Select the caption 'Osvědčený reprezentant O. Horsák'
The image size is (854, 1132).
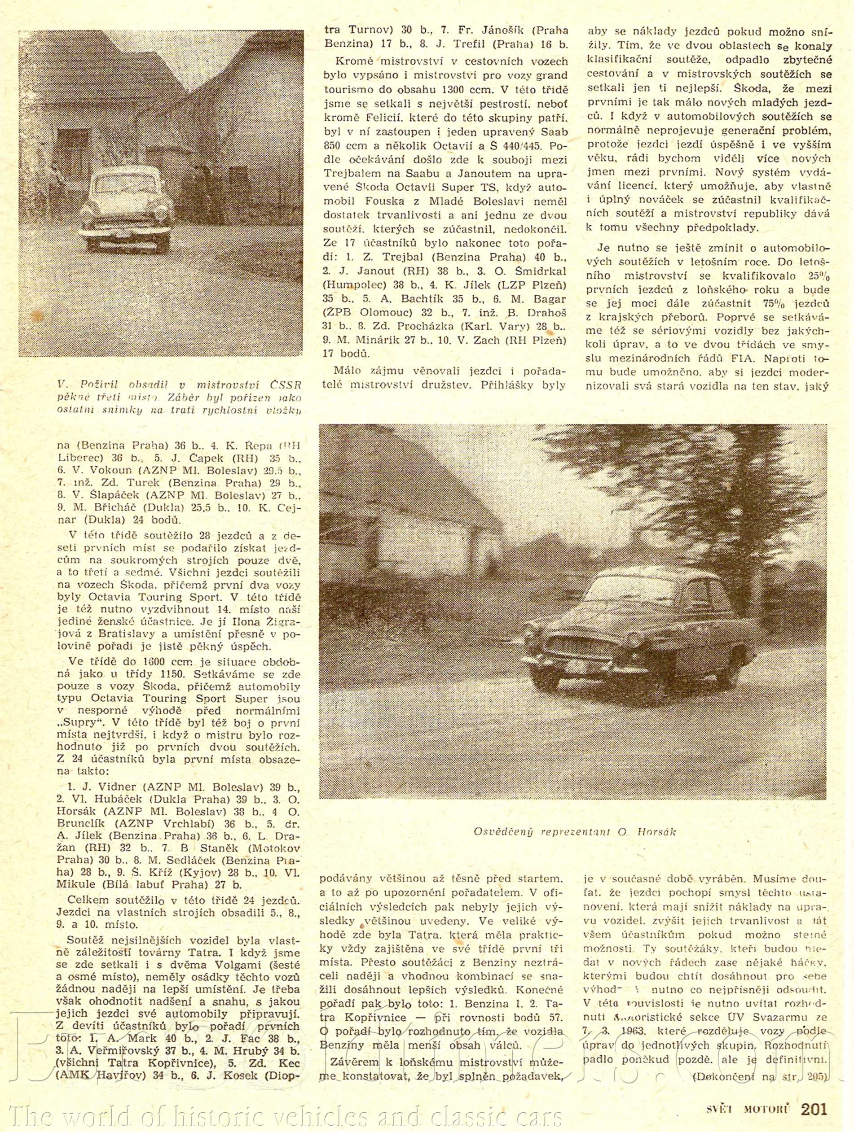[574, 831]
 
